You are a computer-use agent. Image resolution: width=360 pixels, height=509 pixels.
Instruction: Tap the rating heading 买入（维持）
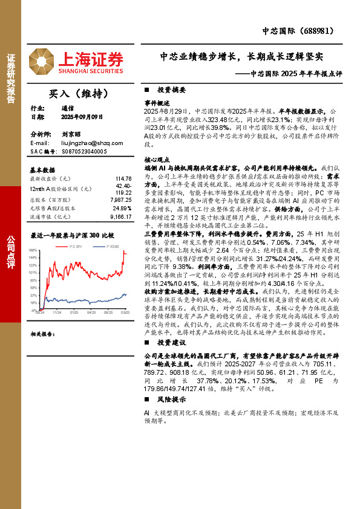click(78, 94)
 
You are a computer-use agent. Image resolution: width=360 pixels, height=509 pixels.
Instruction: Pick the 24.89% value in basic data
click(123, 207)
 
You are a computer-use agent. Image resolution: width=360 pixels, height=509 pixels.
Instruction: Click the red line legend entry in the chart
click(71, 246)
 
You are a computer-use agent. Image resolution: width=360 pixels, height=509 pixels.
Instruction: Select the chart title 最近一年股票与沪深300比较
click(72, 234)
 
